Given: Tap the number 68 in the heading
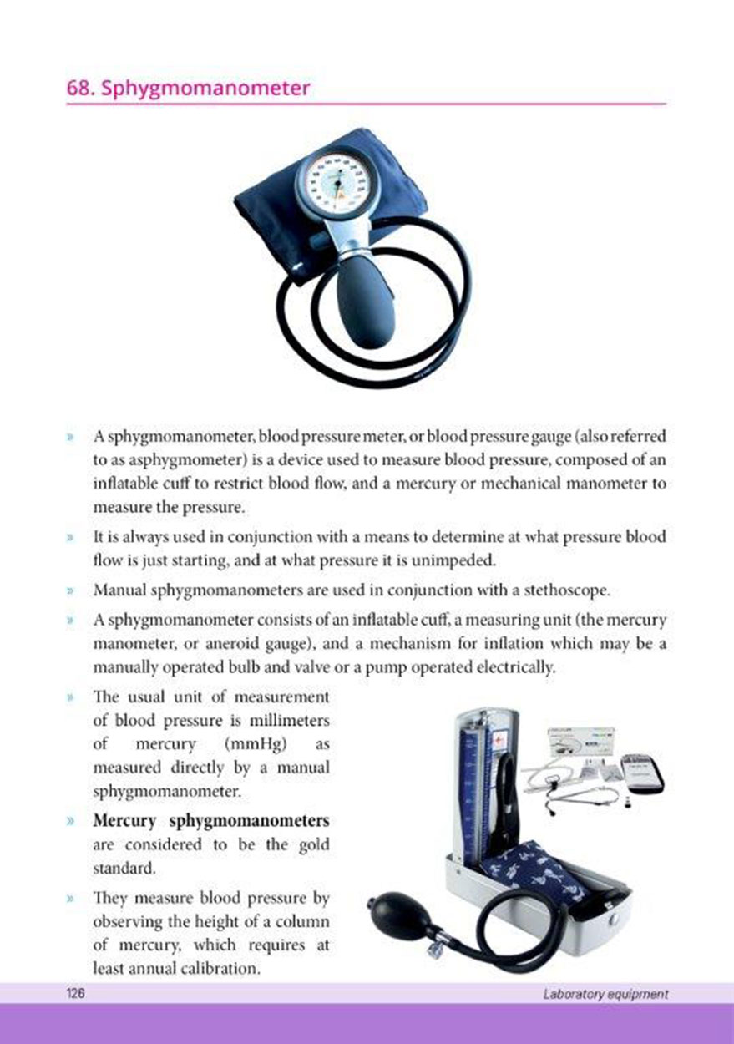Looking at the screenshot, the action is [x=78, y=88].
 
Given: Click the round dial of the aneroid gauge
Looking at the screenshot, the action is [x=334, y=185].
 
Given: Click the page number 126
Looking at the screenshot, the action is [x=75, y=993].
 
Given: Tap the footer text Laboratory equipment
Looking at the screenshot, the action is [x=605, y=994].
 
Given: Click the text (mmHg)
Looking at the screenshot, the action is [x=256, y=744].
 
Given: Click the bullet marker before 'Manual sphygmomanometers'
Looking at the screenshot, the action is [x=70, y=591].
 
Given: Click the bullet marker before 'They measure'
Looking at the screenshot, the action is [x=70, y=898].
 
